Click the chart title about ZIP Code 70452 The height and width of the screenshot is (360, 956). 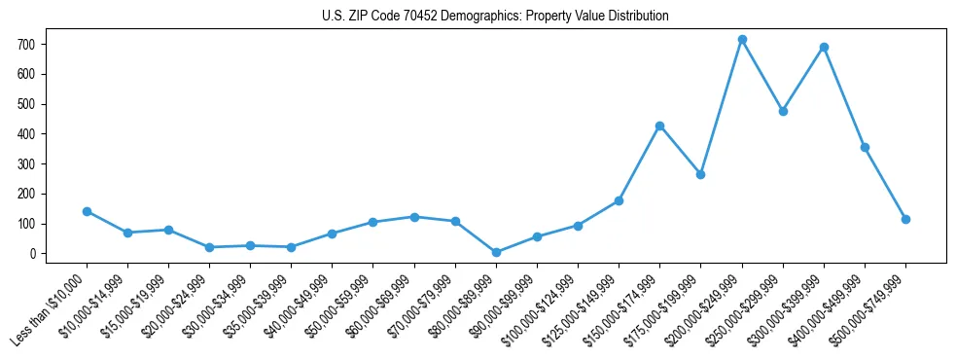click(x=495, y=17)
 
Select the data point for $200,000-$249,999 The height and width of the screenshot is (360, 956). click(x=742, y=40)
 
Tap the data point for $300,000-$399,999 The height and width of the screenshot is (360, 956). click(x=824, y=47)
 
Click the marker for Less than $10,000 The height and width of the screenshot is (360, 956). click(x=87, y=211)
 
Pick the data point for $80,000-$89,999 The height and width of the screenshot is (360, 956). click(x=496, y=252)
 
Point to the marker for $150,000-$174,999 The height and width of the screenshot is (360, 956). click(x=659, y=126)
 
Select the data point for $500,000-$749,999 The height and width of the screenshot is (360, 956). click(x=905, y=219)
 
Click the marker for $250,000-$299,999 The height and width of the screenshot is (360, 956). click(x=783, y=111)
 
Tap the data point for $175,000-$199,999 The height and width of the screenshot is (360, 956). click(x=700, y=174)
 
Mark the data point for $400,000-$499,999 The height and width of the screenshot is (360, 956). click(x=865, y=147)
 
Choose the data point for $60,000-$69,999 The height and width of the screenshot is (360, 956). click(x=414, y=217)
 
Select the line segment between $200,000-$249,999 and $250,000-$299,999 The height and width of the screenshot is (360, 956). click(x=762, y=76)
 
